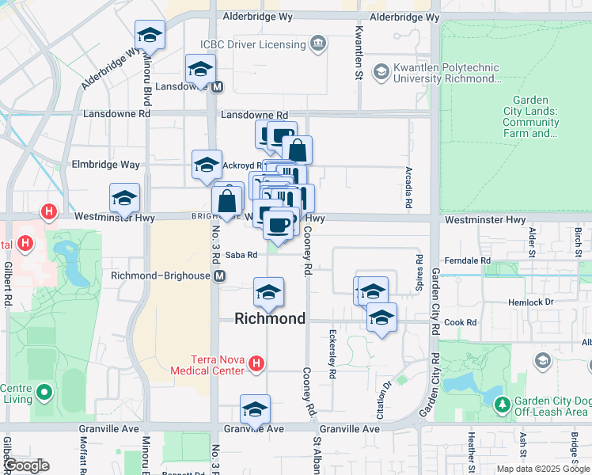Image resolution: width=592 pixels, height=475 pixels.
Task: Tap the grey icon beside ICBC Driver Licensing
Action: (317, 43)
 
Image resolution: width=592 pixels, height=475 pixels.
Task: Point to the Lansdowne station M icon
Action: (217, 86)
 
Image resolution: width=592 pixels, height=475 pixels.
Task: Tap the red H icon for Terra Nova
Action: (256, 363)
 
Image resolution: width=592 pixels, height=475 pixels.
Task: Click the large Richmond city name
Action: (270, 318)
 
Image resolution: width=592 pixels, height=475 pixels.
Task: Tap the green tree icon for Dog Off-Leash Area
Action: (502, 405)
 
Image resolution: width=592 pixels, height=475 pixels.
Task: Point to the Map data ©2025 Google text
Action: (543, 469)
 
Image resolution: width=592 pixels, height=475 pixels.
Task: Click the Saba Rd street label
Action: (241, 255)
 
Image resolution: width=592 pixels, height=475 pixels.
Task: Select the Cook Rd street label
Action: (460, 323)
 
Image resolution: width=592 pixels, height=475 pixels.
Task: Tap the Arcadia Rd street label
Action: (408, 187)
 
